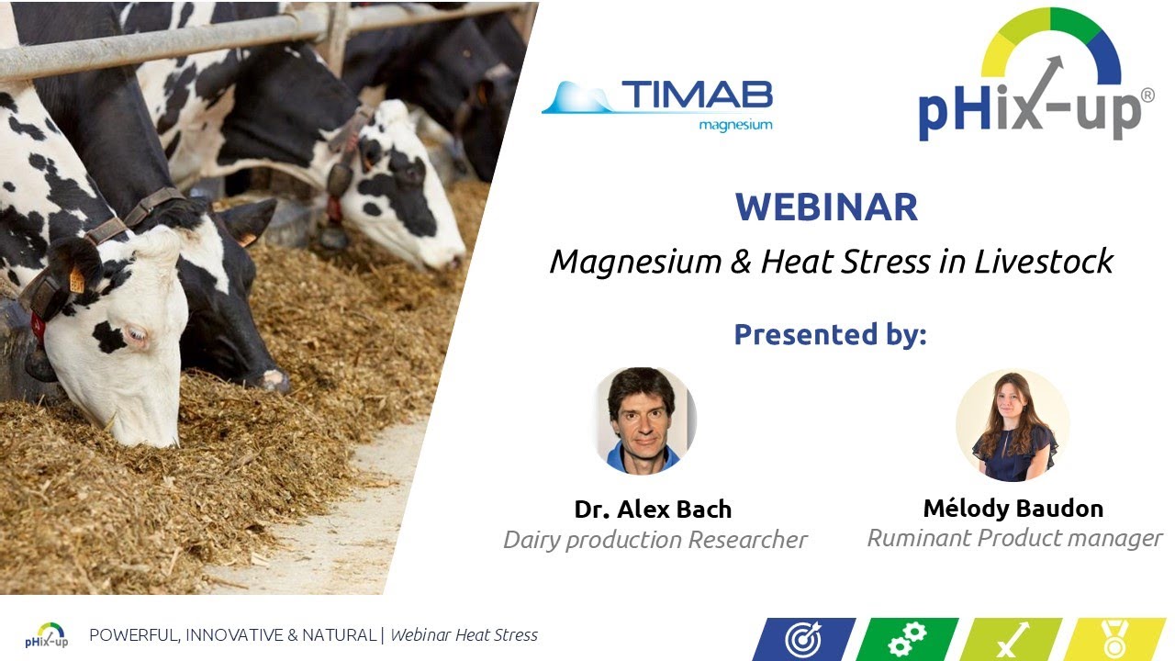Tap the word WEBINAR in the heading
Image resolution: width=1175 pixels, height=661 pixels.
(826, 207)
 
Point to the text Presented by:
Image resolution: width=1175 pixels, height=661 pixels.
(830, 334)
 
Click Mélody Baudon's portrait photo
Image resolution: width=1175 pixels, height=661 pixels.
(1013, 425)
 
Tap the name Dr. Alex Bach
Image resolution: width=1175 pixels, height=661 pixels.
(653, 510)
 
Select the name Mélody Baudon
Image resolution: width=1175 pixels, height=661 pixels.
(1013, 508)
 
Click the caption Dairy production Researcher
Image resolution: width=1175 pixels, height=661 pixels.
(655, 540)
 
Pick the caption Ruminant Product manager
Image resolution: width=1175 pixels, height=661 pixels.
(1014, 538)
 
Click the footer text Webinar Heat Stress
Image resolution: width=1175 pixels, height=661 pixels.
(464, 635)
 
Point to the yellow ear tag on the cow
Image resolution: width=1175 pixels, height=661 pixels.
(77, 280)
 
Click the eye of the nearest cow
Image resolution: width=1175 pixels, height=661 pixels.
(138, 337)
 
